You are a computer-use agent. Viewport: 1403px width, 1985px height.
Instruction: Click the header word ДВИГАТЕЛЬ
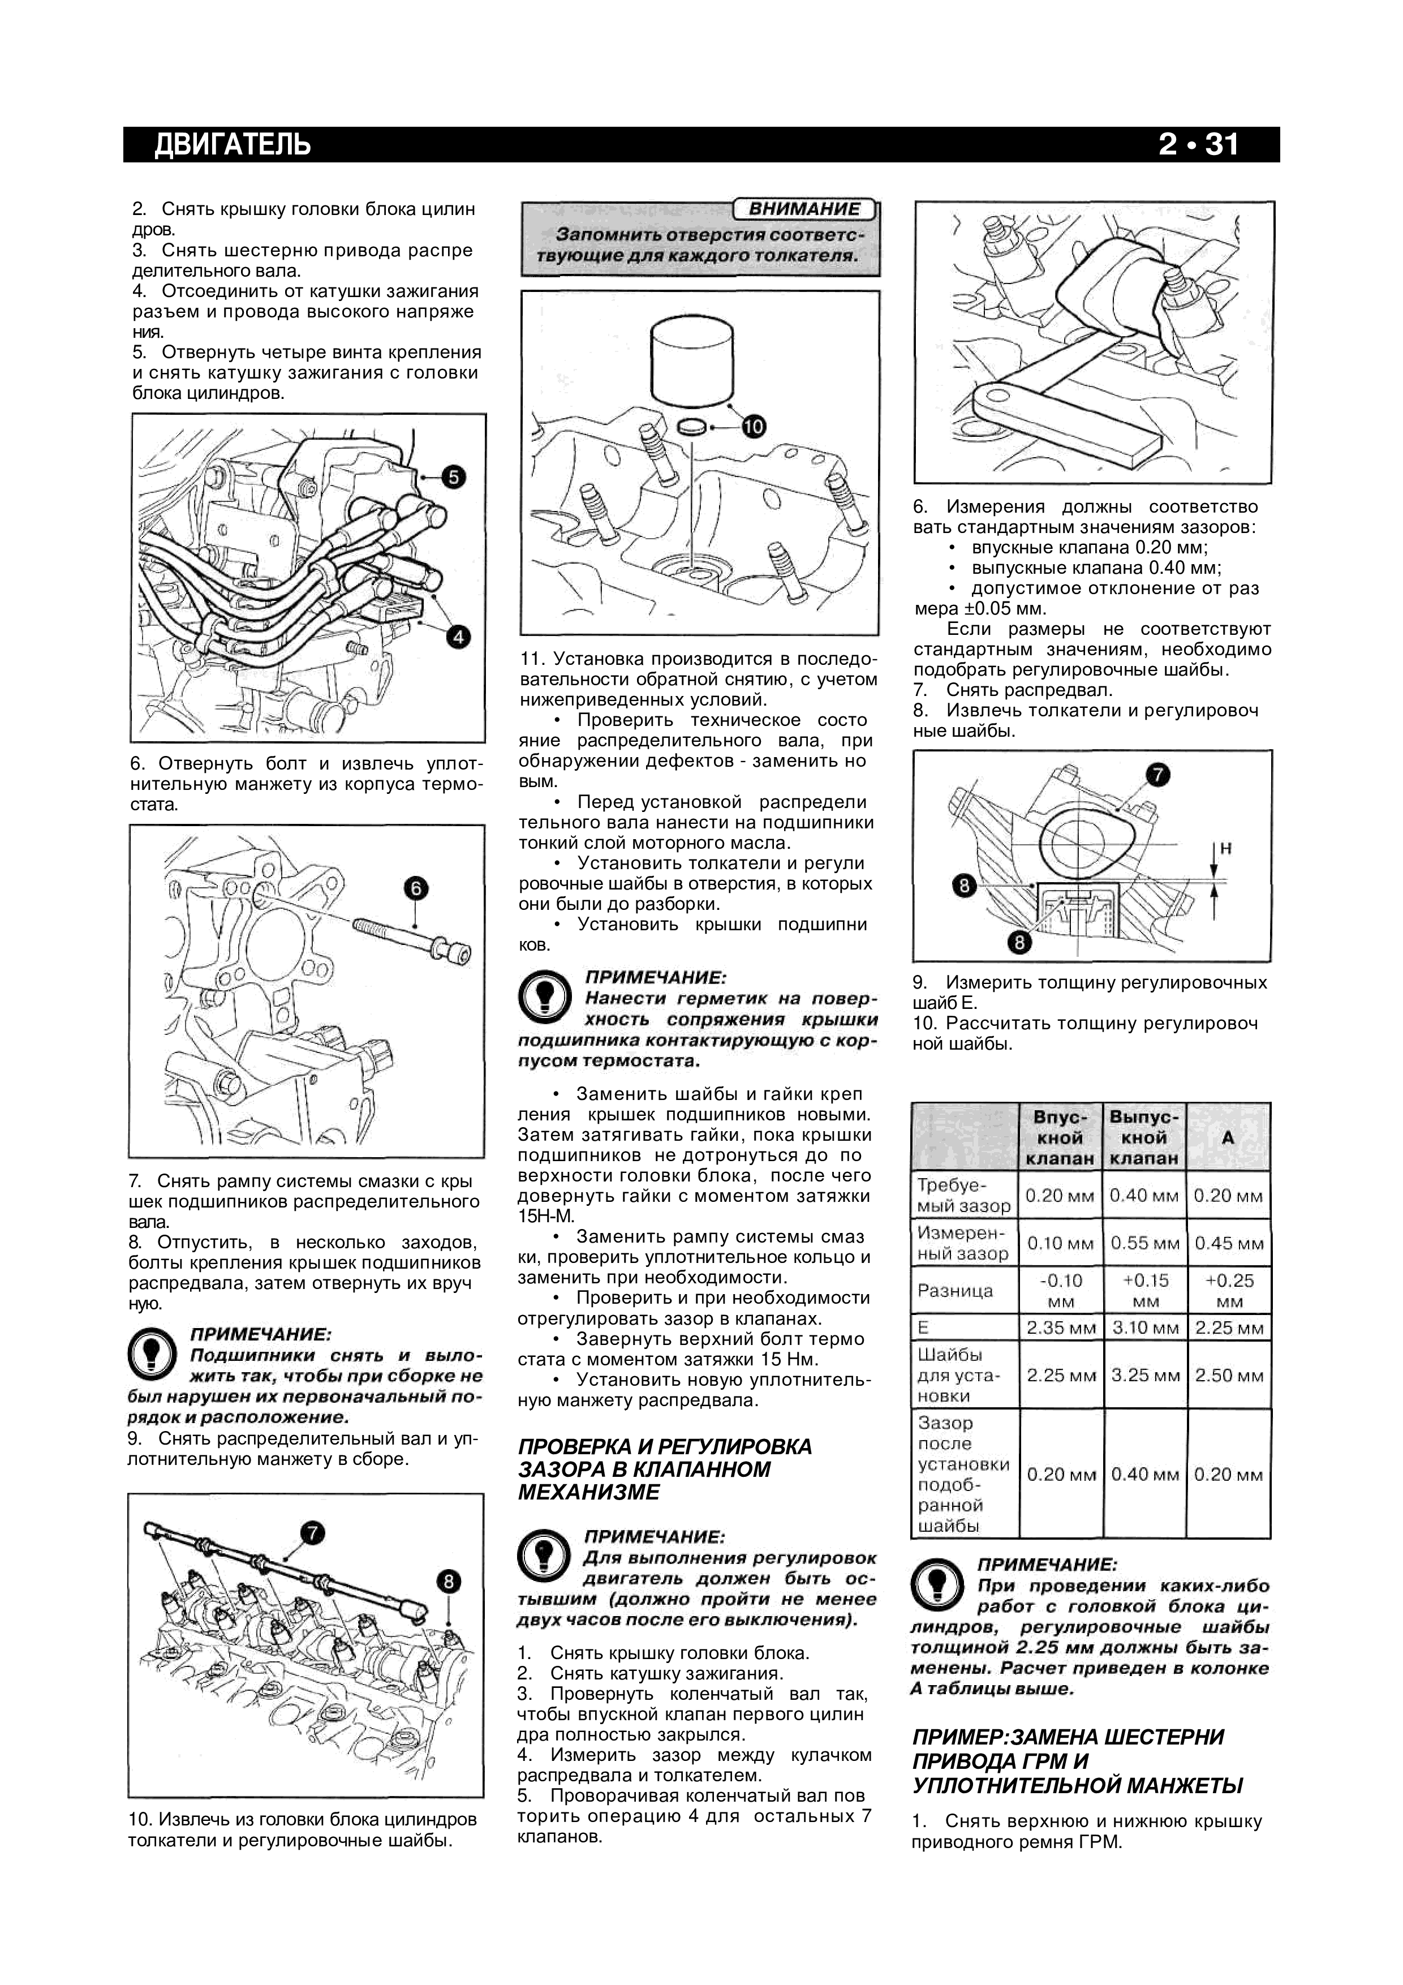pos(232,144)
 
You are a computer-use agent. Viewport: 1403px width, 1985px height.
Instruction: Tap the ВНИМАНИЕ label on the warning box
pos(803,209)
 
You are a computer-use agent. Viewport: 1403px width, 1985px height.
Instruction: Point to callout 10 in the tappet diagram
pos(753,426)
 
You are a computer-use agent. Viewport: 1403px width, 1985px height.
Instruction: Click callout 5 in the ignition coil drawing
pos(453,476)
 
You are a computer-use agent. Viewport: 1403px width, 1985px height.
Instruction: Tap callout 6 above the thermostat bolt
pos(416,888)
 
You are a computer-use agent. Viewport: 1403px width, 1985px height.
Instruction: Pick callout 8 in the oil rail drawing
pos(449,1581)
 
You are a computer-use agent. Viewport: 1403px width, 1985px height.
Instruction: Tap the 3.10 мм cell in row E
pos(1144,1327)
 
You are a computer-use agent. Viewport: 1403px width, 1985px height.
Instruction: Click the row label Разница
pos(943,1291)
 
